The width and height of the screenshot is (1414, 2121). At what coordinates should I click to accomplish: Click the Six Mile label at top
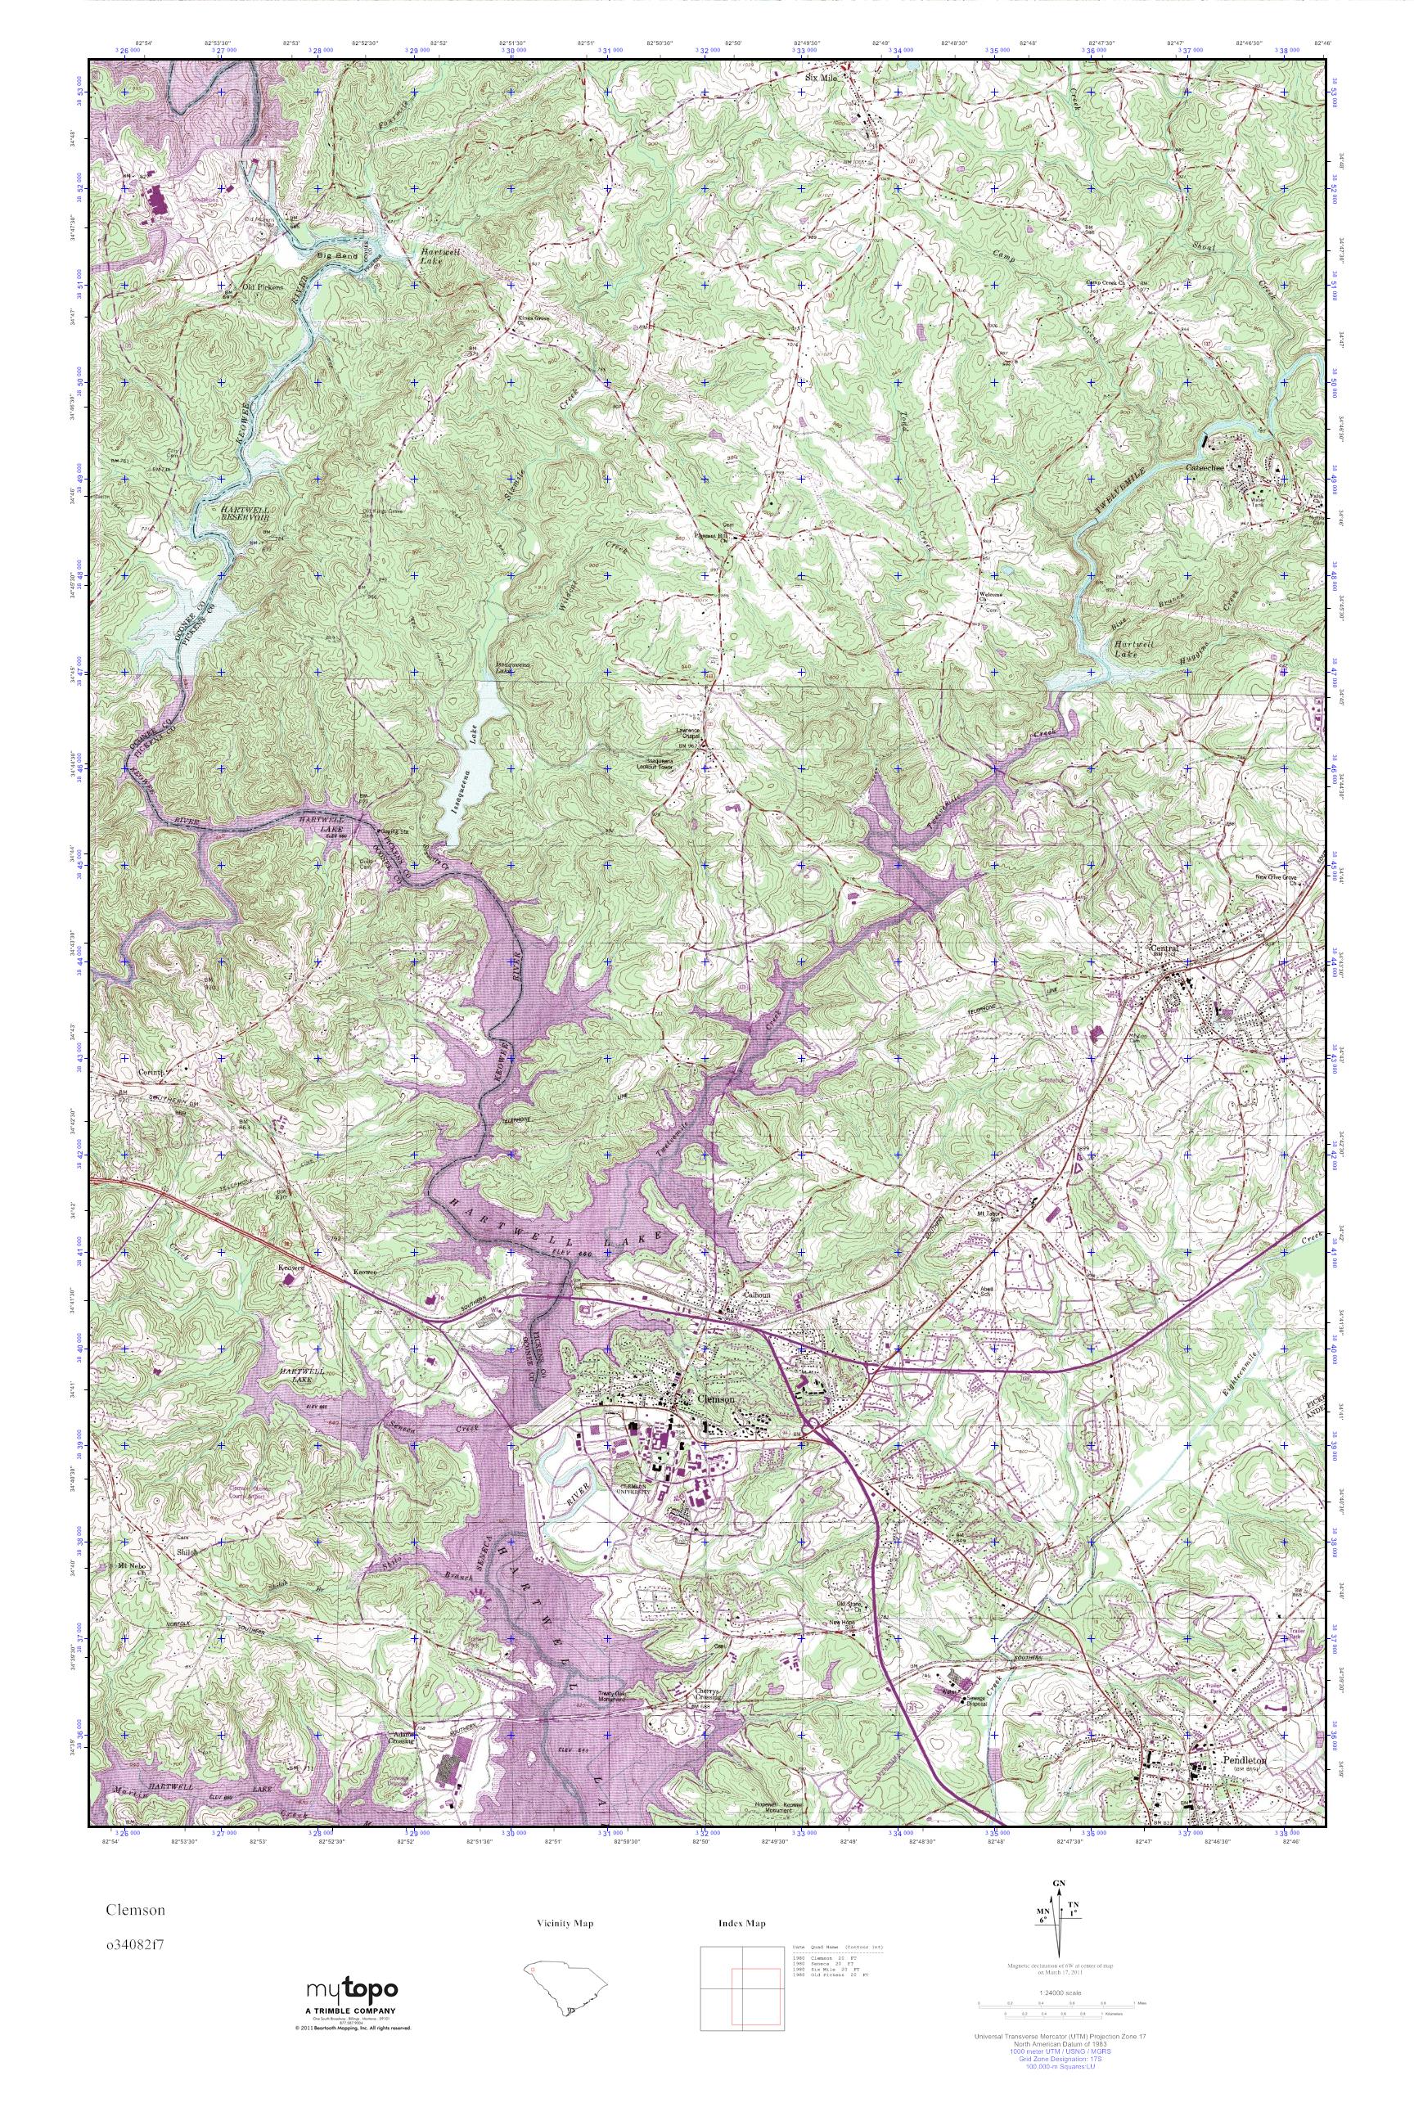(822, 78)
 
